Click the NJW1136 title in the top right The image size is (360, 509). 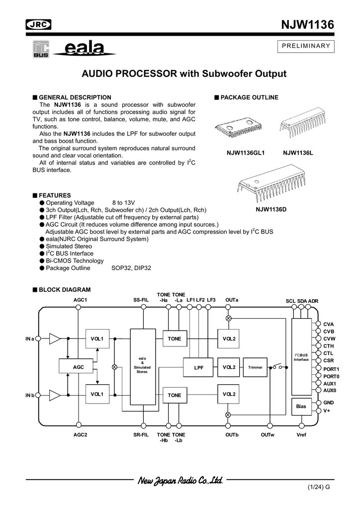pos(307,25)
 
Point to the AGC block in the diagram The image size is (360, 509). pos(79,367)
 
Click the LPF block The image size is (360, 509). pos(199,367)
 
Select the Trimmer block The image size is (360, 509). pos(255,367)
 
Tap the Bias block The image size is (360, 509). pos(301,406)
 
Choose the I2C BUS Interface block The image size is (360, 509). pos(301,357)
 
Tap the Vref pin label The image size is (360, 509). pos(301,435)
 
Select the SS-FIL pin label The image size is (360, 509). pos(141,300)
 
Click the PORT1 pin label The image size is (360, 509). pos(331,369)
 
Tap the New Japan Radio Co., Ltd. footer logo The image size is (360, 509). pos(180,481)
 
